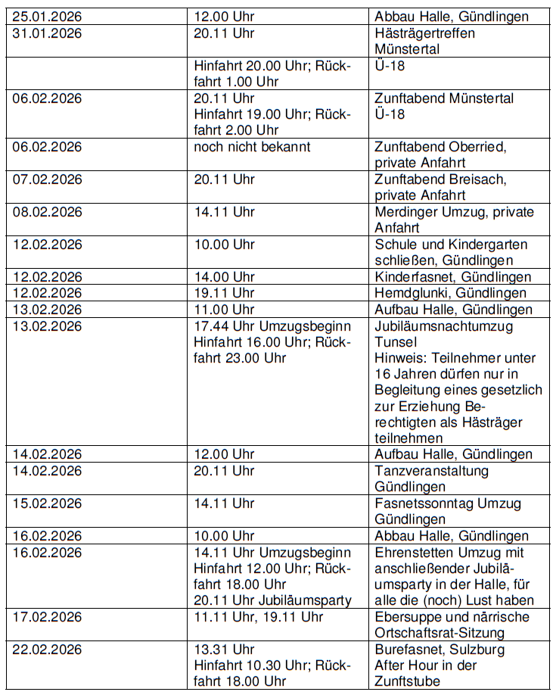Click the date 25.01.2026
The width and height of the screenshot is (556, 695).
point(47,17)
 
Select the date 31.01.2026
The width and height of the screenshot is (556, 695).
point(47,33)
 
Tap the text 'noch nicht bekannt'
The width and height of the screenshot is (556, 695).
point(252,147)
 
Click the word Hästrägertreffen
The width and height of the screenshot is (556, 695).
point(425,33)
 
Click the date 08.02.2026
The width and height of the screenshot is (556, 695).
point(47,212)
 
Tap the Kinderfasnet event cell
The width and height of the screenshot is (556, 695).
point(452,277)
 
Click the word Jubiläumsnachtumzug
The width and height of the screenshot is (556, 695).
point(443,326)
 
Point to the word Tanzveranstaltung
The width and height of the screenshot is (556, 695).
point(432,471)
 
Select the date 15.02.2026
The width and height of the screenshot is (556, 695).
point(47,503)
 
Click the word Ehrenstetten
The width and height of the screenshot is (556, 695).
point(413,553)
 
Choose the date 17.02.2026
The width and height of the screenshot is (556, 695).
point(47,617)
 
